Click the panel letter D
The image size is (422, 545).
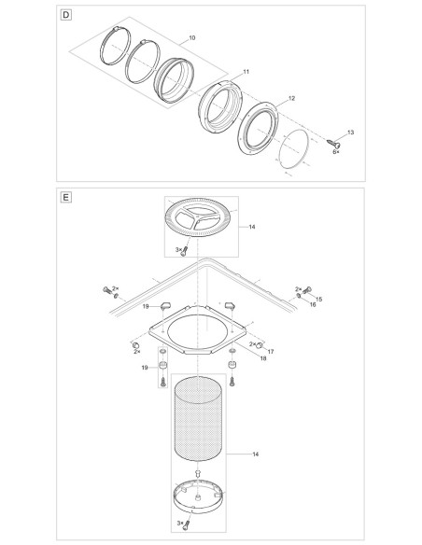click(x=65, y=15)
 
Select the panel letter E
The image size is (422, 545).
click(x=65, y=198)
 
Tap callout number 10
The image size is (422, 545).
click(x=192, y=38)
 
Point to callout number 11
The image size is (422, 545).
click(x=246, y=72)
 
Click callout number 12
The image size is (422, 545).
click(x=291, y=98)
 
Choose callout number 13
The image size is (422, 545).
click(x=350, y=133)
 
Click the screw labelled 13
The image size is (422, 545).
click(x=333, y=143)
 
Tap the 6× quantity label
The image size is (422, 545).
click(x=336, y=152)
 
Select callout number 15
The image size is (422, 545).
click(x=318, y=299)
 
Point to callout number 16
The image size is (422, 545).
click(x=313, y=305)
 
